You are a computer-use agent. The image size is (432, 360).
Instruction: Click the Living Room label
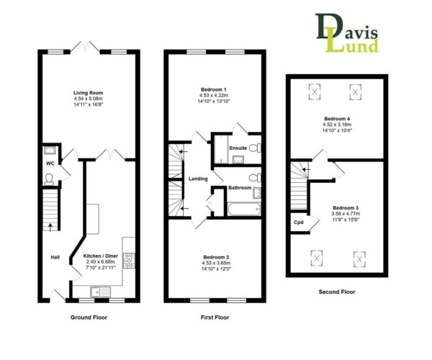[x=88, y=93]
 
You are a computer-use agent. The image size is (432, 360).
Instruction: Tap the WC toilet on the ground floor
[x=49, y=179]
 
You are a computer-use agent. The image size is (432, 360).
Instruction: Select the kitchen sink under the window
[x=100, y=292]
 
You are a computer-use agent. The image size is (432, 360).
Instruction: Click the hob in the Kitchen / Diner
[x=129, y=261]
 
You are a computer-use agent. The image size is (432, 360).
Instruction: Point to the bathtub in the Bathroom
[x=244, y=210]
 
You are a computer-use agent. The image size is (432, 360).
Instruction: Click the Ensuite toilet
[x=255, y=148]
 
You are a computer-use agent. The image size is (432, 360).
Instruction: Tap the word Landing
[x=198, y=179]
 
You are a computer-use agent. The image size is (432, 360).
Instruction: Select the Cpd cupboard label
[x=299, y=222]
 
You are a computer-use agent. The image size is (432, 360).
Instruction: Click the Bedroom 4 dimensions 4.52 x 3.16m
[x=337, y=125]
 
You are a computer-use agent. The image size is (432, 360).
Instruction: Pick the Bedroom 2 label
[x=216, y=257]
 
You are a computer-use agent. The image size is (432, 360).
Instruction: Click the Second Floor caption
[x=337, y=292]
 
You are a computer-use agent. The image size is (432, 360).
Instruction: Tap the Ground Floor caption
[x=89, y=318]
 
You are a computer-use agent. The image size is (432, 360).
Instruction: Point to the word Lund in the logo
[x=352, y=45]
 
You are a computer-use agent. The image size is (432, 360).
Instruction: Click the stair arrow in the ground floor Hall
[x=50, y=227]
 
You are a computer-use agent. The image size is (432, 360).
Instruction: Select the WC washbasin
[x=50, y=150]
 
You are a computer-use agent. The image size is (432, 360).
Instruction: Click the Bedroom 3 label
[x=346, y=208]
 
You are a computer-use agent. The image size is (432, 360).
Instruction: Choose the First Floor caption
[x=215, y=318]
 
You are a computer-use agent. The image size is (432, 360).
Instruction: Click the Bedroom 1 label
[x=214, y=89]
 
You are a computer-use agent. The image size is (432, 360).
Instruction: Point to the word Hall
[x=55, y=257]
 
